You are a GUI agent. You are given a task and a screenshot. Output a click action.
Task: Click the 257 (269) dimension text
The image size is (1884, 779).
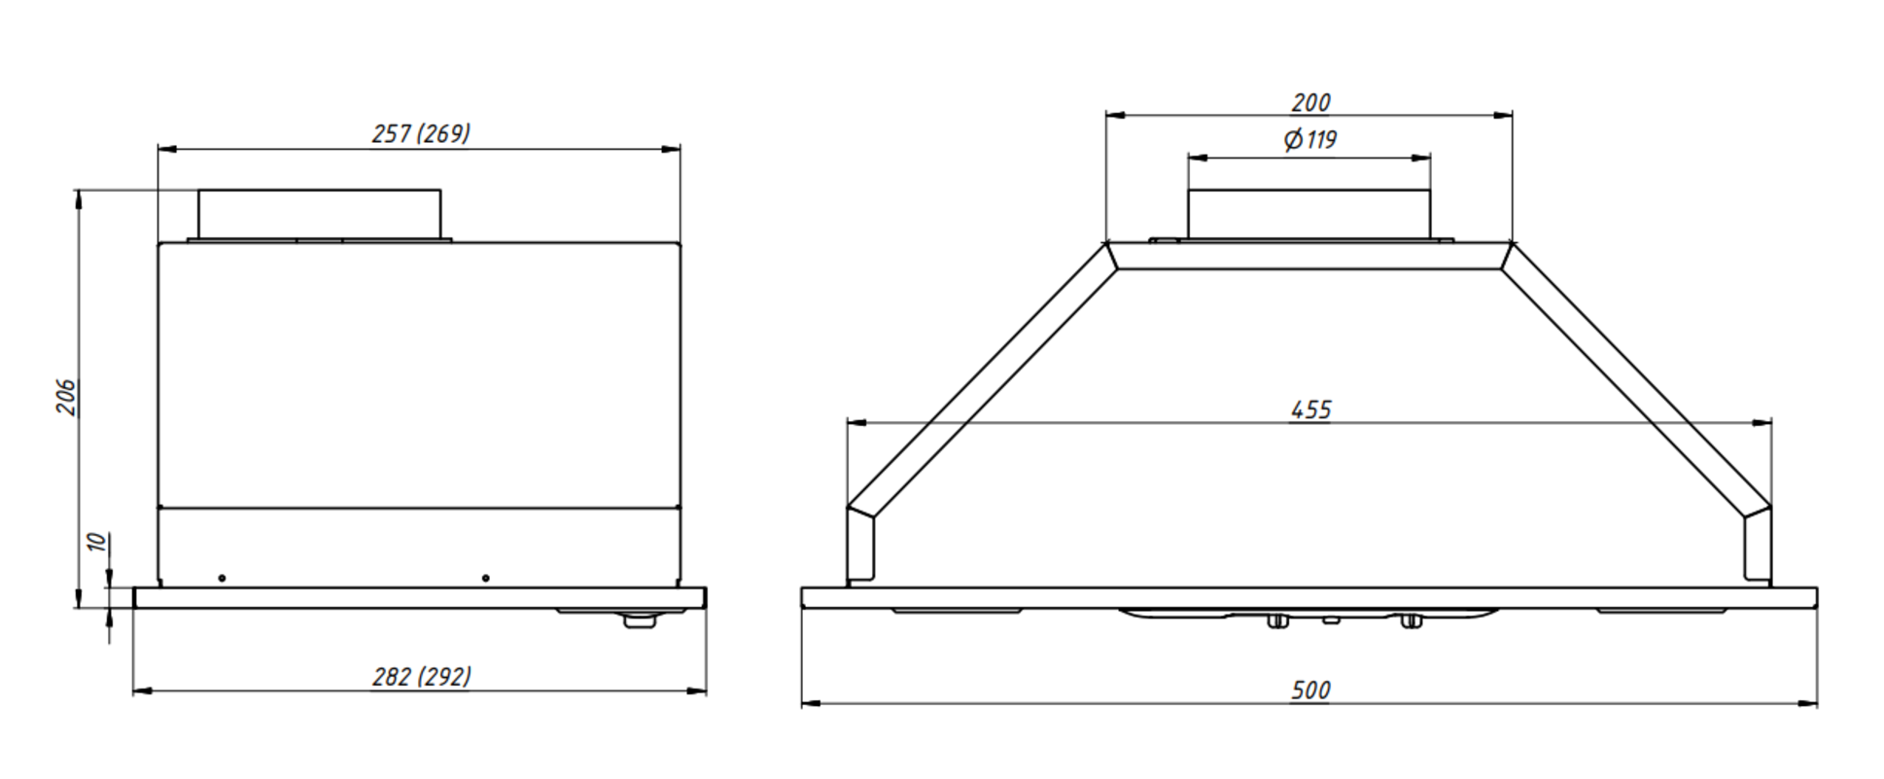tap(421, 133)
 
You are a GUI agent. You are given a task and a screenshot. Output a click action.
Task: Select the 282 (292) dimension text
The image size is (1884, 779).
tap(422, 676)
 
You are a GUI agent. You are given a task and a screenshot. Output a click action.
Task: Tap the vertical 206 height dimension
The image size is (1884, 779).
tap(66, 398)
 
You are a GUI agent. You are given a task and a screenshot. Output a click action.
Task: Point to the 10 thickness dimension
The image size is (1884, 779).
tap(96, 542)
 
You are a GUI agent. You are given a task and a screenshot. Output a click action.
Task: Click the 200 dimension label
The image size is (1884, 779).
tap(1310, 102)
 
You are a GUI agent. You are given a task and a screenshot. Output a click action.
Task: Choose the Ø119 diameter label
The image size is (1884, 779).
tap(1309, 140)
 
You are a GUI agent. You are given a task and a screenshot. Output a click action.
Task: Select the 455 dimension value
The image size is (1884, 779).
tap(1310, 409)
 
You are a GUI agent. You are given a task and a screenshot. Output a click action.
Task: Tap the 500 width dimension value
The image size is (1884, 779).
tap(1310, 690)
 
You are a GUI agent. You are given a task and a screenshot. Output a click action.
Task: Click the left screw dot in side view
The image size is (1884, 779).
tap(222, 578)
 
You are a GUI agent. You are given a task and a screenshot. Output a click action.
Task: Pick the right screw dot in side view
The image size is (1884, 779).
tap(486, 578)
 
